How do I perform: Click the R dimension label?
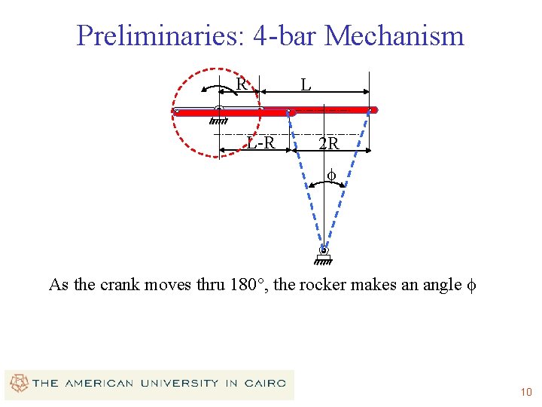click(x=241, y=84)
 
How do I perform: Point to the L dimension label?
click(x=306, y=85)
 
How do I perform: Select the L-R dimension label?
click(x=260, y=142)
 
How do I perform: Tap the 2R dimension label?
click(x=329, y=142)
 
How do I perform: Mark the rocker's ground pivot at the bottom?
click(x=323, y=251)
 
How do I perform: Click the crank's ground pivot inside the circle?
click(x=218, y=111)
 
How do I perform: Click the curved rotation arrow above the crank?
click(x=218, y=87)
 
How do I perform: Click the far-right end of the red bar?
click(x=374, y=110)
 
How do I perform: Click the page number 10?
click(x=525, y=392)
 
